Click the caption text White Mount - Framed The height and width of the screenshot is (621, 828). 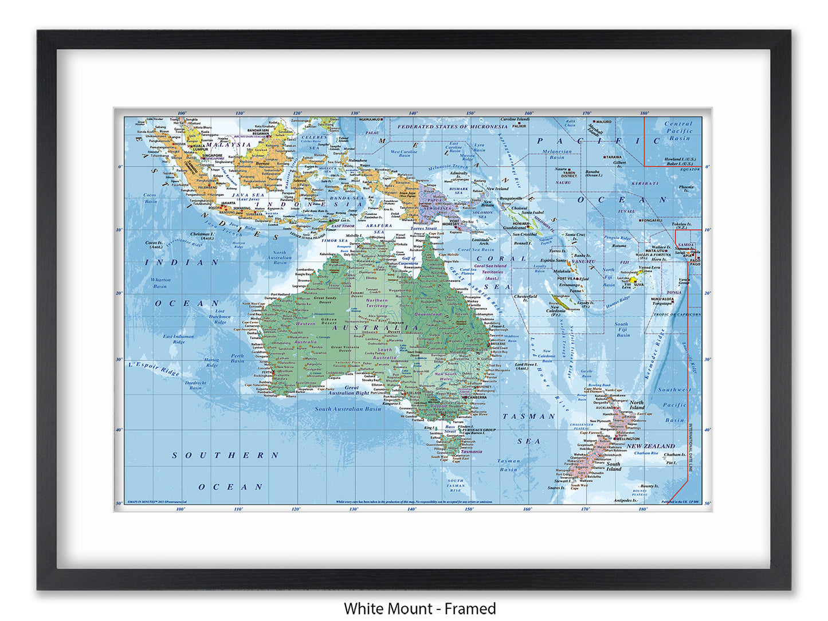click(x=419, y=608)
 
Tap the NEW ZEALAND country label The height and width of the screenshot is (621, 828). click(x=650, y=446)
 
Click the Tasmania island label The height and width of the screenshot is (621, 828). click(x=471, y=451)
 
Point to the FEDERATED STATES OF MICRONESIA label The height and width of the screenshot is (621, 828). click(x=453, y=127)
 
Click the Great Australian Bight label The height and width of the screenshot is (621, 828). click(x=348, y=391)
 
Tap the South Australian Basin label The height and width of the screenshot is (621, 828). click(x=348, y=409)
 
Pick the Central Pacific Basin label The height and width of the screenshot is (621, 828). click(x=679, y=131)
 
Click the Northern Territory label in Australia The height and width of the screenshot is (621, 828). click(x=376, y=302)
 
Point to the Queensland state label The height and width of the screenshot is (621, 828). click(x=428, y=314)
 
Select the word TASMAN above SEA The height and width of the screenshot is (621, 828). click(x=529, y=416)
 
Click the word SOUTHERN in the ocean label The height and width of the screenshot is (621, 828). click(x=225, y=455)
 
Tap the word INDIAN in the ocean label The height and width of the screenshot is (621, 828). click(x=182, y=262)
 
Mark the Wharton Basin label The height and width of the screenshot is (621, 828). click(x=160, y=283)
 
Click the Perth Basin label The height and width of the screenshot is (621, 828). click(x=237, y=358)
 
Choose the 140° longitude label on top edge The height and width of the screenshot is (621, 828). click(x=413, y=113)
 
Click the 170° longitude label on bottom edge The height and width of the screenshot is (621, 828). click(x=585, y=509)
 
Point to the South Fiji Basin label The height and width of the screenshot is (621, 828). click(x=622, y=329)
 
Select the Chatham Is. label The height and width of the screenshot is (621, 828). click(x=674, y=455)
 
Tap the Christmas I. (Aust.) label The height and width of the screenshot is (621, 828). click(x=202, y=236)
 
